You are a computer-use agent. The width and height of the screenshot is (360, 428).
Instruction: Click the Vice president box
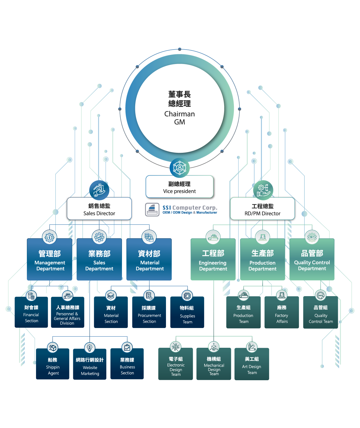[179, 186]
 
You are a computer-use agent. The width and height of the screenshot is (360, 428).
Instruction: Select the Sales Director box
[99, 209]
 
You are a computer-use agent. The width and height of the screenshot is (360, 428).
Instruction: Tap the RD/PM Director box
[262, 209]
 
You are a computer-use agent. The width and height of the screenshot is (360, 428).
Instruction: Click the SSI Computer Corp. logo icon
[152, 209]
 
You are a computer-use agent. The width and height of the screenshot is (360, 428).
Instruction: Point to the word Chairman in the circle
[179, 114]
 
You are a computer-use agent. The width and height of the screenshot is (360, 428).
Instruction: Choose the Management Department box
[49, 259]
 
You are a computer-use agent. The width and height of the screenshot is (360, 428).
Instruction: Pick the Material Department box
[149, 259]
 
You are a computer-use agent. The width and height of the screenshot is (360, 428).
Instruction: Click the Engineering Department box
[213, 259]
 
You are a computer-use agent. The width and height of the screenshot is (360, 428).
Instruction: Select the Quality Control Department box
[312, 259]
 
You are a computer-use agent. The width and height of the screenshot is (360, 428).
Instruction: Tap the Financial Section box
[31, 312]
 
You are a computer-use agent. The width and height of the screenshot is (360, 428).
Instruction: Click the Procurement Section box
[149, 312]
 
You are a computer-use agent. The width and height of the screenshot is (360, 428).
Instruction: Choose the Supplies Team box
[187, 312]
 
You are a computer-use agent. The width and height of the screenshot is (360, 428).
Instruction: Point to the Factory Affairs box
[282, 312]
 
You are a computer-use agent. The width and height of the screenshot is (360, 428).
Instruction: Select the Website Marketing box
[90, 364]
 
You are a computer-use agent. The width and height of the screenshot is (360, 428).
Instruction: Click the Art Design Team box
[252, 364]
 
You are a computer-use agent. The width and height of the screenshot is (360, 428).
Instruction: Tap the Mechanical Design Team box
[214, 364]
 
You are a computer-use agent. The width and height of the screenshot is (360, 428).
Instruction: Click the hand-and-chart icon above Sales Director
[99, 190]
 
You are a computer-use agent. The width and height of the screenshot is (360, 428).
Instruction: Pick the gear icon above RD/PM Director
[263, 190]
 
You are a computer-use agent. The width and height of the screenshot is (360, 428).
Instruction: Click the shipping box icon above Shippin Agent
[53, 348]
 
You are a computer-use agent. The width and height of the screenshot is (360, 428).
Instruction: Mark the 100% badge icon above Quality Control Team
[320, 295]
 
